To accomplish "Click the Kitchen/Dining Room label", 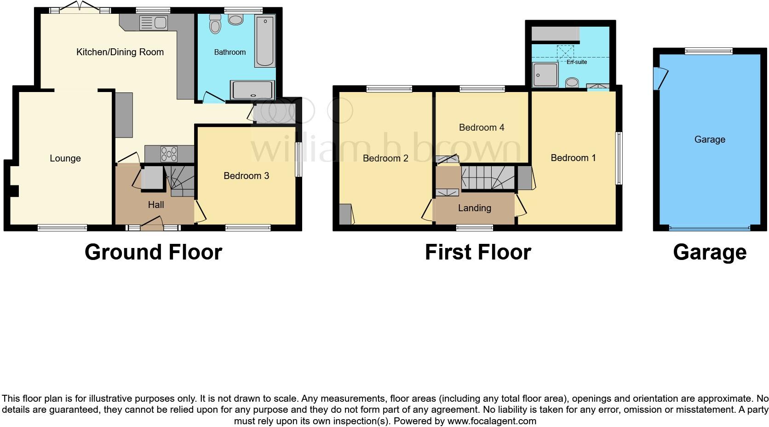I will tap(120, 52).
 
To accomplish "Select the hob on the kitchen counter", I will tap(169, 154).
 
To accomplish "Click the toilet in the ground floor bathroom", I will tap(215, 24).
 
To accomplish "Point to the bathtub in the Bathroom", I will tap(265, 41).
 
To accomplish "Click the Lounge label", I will tap(65, 158).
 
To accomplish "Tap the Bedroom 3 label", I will tap(246, 176).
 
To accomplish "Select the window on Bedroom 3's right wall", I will tap(298, 160).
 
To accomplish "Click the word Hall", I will tap(156, 205).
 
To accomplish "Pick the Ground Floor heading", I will tap(153, 252).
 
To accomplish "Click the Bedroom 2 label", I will tap(385, 158).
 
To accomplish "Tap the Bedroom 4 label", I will tap(482, 127).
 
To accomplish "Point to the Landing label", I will tap(474, 208).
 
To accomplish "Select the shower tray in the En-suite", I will tap(545, 75).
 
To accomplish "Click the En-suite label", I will tap(576, 62).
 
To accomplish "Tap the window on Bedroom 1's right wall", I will tap(619, 158).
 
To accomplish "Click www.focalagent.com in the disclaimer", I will tap(491, 421).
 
